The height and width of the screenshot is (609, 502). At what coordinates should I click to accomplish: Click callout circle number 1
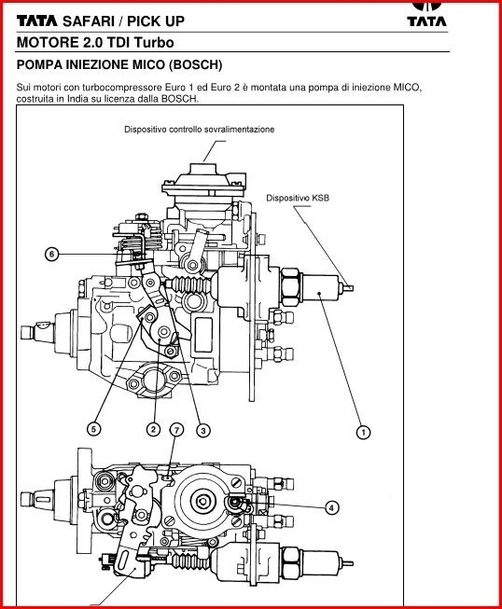point(363,432)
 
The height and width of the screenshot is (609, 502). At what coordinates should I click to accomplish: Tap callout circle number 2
point(153,429)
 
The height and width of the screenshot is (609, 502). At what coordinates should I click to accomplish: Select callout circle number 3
point(203,430)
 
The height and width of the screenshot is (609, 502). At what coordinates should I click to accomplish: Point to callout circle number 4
point(331,507)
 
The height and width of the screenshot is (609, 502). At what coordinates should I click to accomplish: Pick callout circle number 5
point(93,429)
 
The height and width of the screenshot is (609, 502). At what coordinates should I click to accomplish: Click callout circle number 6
point(52,255)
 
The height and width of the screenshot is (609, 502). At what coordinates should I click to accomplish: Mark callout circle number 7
point(176,430)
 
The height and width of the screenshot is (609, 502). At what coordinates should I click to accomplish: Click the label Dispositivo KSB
point(298,198)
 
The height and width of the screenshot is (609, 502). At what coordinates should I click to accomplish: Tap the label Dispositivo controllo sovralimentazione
point(200,130)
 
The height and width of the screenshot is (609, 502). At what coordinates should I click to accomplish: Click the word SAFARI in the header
point(89,21)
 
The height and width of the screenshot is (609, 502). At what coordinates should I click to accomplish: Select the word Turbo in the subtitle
point(154,42)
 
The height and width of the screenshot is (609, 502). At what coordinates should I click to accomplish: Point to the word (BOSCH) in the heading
point(195,64)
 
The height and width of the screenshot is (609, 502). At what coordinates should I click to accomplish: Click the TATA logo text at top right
point(427,21)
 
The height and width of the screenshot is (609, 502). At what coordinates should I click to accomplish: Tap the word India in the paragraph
point(78,99)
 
